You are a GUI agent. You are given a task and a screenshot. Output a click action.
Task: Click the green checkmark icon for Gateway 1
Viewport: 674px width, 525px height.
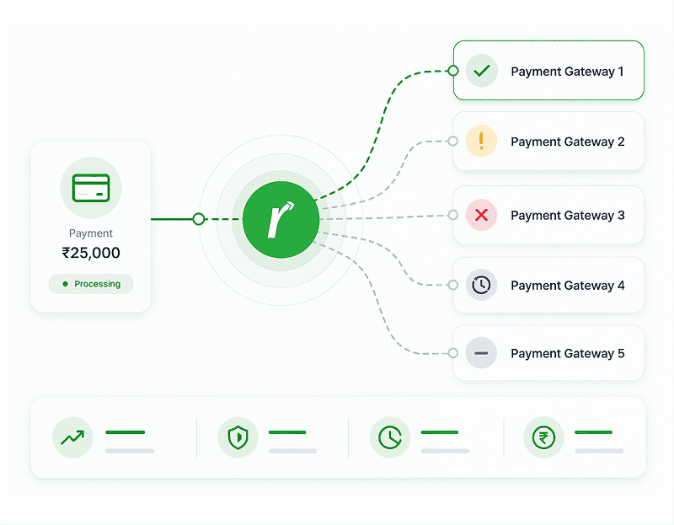click(x=481, y=71)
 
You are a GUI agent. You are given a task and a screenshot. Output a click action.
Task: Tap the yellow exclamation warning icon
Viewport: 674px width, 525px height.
click(x=481, y=141)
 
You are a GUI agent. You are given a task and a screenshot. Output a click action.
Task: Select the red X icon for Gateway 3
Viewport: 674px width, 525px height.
click(x=481, y=215)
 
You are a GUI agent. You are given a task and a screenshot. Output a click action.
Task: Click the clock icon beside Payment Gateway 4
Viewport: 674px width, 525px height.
click(x=481, y=285)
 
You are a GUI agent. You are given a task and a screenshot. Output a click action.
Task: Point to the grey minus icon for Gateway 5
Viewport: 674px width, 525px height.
click(x=481, y=353)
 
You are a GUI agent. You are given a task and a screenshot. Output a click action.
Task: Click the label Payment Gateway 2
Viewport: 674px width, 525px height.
click(x=567, y=142)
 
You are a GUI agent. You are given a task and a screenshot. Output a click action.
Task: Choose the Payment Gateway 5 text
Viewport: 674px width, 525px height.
click(x=567, y=353)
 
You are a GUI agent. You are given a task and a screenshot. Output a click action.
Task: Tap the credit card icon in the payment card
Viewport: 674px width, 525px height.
click(x=91, y=188)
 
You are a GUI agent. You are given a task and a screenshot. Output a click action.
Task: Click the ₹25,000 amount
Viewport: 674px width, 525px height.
click(x=91, y=253)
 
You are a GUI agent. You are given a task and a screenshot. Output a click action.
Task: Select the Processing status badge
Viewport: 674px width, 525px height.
click(x=91, y=284)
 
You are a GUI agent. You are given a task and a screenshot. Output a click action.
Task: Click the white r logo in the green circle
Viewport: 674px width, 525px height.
click(x=281, y=219)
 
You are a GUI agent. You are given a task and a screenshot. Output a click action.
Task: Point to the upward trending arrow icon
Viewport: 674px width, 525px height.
click(x=72, y=437)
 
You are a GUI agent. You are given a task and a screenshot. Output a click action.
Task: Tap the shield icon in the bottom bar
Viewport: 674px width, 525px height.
click(x=238, y=437)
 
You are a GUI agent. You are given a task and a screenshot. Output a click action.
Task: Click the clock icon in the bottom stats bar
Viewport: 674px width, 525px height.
click(x=390, y=437)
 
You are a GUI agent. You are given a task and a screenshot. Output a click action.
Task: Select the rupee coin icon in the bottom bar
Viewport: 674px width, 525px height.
click(x=543, y=437)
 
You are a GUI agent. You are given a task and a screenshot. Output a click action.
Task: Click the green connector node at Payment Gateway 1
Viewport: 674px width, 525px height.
click(x=452, y=71)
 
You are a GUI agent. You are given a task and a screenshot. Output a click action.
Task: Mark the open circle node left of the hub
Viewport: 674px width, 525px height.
click(x=198, y=219)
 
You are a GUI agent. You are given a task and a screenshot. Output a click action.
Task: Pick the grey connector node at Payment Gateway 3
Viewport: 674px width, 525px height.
click(x=452, y=215)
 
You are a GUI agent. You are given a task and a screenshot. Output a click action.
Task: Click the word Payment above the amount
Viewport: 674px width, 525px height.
click(x=91, y=233)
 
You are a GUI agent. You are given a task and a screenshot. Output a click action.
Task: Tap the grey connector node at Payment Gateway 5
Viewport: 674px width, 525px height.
click(x=452, y=353)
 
